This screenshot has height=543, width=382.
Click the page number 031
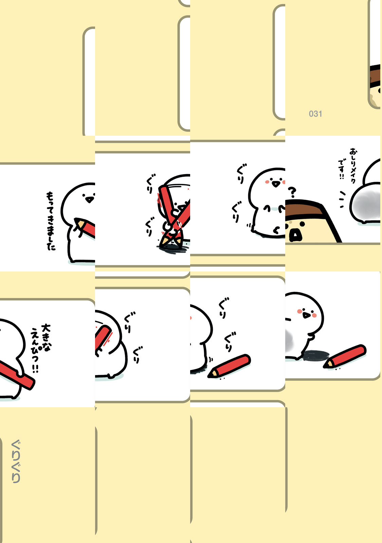[315, 114]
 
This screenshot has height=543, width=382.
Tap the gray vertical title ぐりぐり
[16, 461]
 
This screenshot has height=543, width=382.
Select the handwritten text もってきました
[51, 221]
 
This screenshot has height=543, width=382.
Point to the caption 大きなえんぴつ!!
[40, 348]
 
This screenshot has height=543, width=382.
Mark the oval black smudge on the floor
[315, 355]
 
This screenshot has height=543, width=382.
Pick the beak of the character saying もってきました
[89, 200]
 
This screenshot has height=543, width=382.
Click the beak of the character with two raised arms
[275, 184]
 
